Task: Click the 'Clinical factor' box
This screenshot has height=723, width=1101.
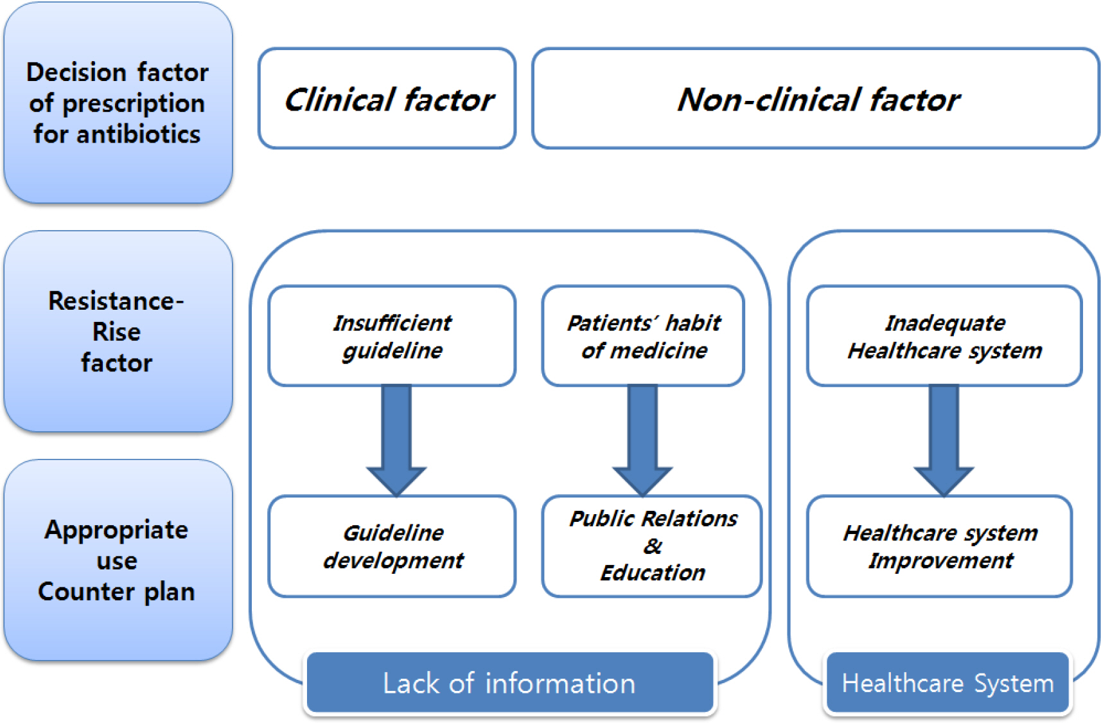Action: click(x=387, y=98)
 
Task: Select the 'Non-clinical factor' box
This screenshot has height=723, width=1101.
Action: click(x=815, y=98)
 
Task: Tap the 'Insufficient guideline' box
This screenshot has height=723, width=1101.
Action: click(x=392, y=336)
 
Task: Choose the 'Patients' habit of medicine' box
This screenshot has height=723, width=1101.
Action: click(x=643, y=336)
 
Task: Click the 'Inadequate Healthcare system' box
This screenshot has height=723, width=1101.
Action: click(x=944, y=336)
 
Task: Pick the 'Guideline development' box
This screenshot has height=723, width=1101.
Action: click(x=392, y=546)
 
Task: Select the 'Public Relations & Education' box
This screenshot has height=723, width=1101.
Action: click(x=652, y=546)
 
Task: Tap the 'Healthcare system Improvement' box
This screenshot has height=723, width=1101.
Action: click(x=939, y=546)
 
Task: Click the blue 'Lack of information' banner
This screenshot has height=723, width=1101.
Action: click(x=509, y=683)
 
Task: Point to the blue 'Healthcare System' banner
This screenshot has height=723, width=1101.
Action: click(x=947, y=683)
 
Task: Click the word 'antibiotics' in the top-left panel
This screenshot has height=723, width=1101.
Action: click(x=139, y=134)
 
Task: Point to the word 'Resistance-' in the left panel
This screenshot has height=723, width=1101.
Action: click(x=116, y=301)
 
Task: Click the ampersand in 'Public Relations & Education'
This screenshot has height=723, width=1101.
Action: click(x=653, y=546)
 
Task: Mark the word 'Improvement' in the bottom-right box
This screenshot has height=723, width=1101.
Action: click(x=940, y=560)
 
